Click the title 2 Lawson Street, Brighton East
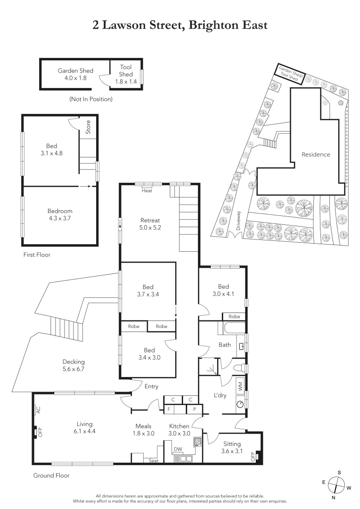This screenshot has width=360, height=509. (180, 25)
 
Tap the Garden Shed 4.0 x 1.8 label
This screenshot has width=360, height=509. (75, 74)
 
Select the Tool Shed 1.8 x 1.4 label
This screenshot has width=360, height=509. (126, 74)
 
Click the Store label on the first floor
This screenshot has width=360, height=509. (88, 127)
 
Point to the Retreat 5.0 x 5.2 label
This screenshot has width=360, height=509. (150, 224)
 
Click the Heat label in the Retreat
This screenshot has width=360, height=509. (147, 190)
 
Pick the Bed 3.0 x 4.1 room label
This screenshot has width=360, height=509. (223, 290)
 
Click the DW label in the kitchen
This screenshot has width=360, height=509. (178, 449)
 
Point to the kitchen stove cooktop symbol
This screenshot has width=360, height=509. (198, 442)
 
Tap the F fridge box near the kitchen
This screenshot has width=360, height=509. (169, 409)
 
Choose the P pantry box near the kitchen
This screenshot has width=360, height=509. (194, 409)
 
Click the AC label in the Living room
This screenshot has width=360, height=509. (38, 410)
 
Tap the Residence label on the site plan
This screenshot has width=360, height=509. (316, 155)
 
